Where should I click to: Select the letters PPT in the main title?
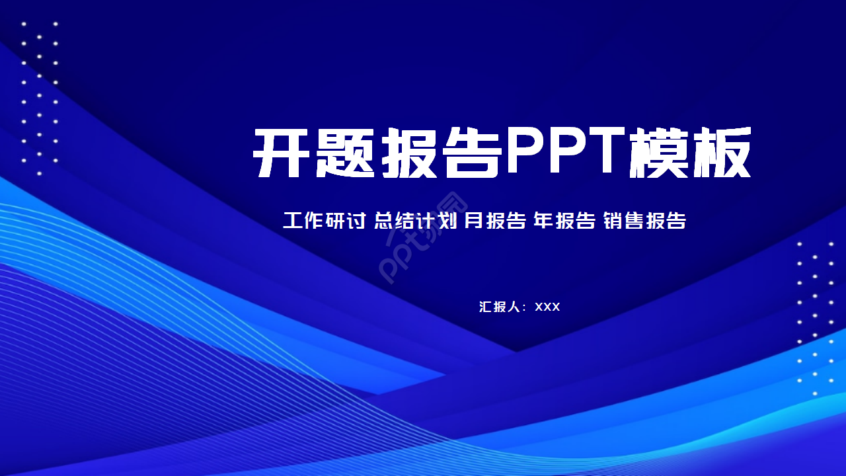[x=565, y=151]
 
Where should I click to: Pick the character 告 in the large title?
[x=471, y=153]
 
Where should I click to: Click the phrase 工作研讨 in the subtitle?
[x=324, y=220]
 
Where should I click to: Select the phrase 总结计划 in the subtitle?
[x=415, y=220]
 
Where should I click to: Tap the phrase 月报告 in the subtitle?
[x=495, y=220]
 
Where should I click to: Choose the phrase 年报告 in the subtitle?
[x=564, y=220]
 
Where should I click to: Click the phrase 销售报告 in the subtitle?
[x=644, y=220]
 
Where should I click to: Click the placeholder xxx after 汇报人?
[x=547, y=307]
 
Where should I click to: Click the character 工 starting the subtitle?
[x=293, y=220]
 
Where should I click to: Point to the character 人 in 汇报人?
[x=515, y=307]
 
